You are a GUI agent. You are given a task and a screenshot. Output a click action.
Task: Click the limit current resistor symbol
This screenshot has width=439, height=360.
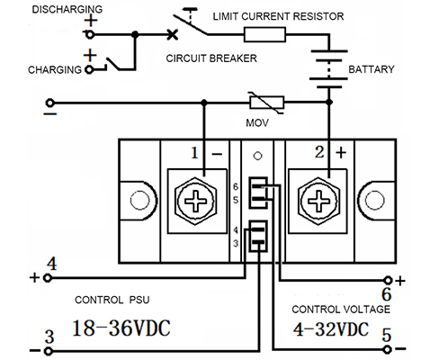[x=264, y=34]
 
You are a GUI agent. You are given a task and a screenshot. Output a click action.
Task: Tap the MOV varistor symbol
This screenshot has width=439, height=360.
[x=266, y=103]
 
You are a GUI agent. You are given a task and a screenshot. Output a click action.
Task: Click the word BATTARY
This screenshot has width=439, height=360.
[x=372, y=69]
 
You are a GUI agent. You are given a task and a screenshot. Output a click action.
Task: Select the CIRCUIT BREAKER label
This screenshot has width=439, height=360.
[x=211, y=58]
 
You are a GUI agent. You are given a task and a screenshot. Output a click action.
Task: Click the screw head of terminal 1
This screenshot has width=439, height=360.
[x=195, y=201]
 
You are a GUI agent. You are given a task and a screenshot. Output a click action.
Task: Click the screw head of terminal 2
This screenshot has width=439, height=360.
[x=318, y=201]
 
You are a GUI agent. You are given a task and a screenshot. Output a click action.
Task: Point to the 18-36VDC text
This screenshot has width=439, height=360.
[x=121, y=328]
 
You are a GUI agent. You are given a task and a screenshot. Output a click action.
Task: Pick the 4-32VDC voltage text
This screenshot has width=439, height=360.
[x=330, y=329]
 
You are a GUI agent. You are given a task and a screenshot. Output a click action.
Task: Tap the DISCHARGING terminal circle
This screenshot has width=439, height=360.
[x=90, y=35]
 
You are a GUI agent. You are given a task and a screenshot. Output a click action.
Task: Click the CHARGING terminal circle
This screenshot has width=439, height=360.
[x=89, y=69]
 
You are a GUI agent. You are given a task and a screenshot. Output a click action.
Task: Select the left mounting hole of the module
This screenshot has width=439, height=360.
[x=139, y=200]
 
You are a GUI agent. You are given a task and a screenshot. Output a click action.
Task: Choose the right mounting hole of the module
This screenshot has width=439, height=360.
[x=374, y=200]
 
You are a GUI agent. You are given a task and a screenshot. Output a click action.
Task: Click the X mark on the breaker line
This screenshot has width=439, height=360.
[x=173, y=34]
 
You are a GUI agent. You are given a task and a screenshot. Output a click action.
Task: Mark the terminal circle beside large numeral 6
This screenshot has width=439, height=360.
[x=388, y=281]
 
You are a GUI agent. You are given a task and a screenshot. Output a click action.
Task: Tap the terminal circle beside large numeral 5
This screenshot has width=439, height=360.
[x=388, y=349]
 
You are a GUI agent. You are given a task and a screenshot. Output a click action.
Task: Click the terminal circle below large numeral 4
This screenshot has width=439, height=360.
[x=48, y=278]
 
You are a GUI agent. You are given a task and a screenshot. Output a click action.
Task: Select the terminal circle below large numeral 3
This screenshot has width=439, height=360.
[x=48, y=351]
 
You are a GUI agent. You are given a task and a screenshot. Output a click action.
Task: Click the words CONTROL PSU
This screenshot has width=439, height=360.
[x=112, y=300]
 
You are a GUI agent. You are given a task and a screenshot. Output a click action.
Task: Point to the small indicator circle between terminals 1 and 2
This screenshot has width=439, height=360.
[x=257, y=156]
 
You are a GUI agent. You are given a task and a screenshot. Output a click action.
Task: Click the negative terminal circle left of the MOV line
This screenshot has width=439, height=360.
[x=49, y=103]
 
